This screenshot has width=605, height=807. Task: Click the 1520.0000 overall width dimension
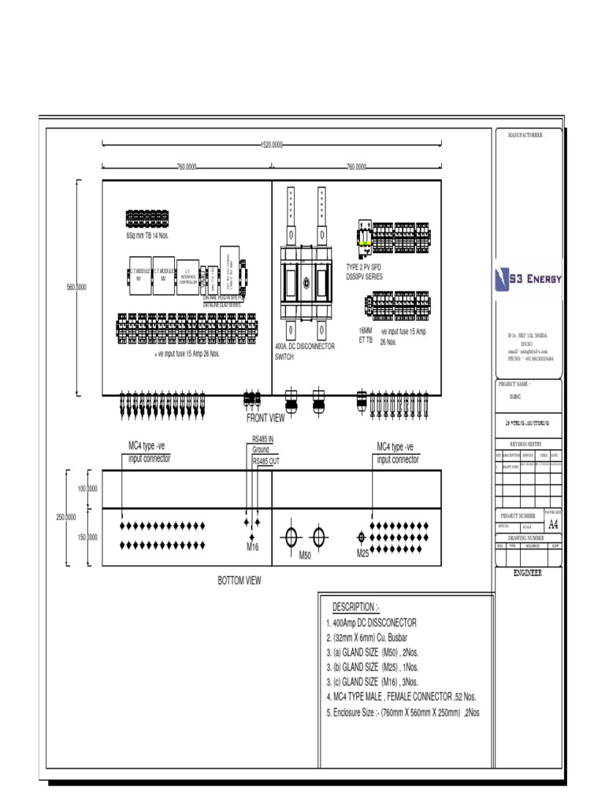[x=272, y=145]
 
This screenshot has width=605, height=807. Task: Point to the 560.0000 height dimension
[x=76, y=288]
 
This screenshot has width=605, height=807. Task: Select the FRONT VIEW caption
[x=265, y=418]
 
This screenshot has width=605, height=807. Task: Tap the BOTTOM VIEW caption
[x=239, y=580]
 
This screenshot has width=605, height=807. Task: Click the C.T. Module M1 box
[x=139, y=275]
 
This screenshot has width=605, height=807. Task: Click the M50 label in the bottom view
[x=306, y=556]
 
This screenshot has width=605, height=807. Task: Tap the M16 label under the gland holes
[x=253, y=547]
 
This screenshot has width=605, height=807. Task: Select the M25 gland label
[x=362, y=555]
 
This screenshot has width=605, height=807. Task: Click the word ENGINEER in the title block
[x=529, y=574]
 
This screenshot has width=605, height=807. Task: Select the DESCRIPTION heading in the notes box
[x=355, y=608]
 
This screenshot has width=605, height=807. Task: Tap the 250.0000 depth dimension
[x=65, y=517]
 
